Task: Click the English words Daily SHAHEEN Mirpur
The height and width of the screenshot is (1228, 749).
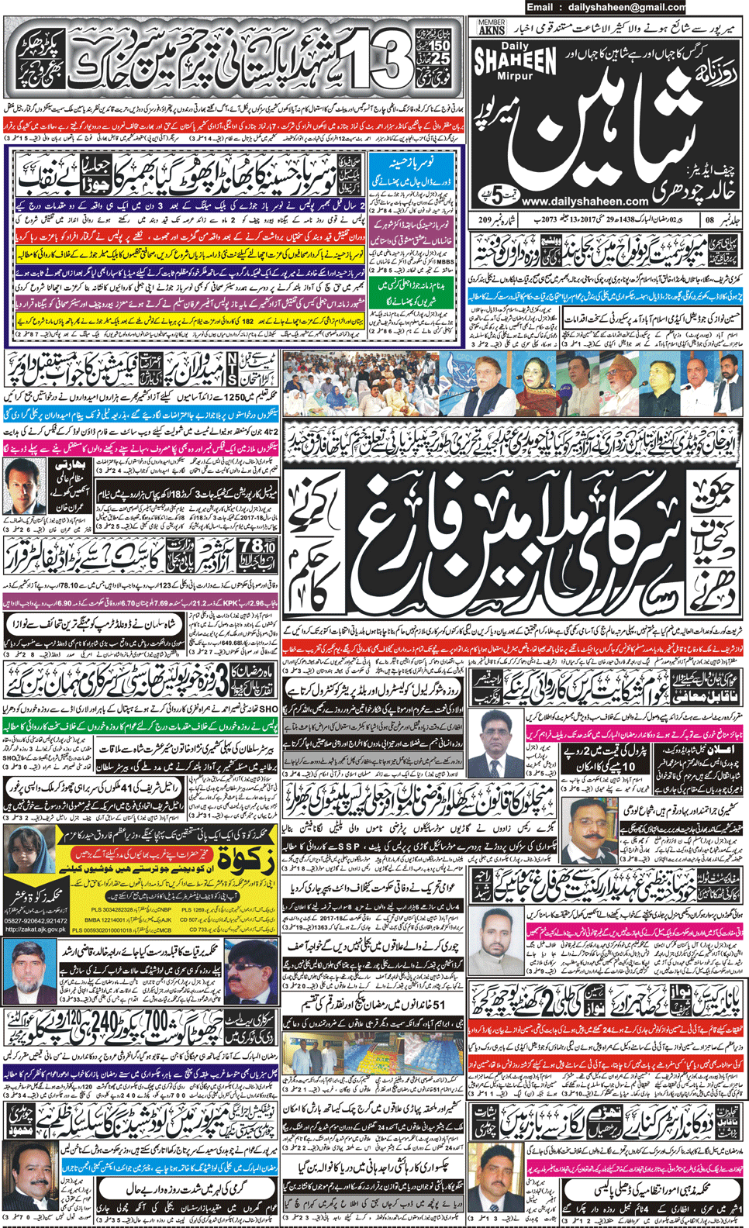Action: pyautogui.click(x=515, y=61)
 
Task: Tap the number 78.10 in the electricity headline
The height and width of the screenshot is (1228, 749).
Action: pyautogui.click(x=257, y=547)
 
